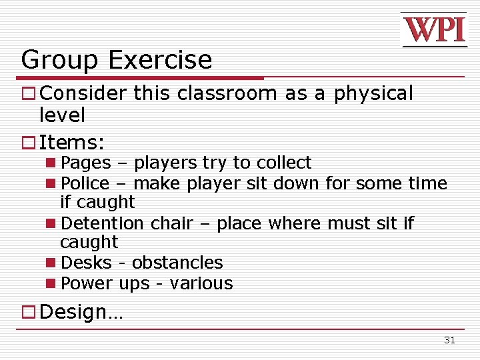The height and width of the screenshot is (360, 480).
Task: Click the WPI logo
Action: tap(433, 29)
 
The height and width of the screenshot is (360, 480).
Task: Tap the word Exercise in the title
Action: tap(160, 60)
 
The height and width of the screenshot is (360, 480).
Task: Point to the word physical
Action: tap(373, 94)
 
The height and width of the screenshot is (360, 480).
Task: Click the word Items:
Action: tap(73, 142)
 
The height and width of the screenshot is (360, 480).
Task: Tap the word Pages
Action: tap(85, 163)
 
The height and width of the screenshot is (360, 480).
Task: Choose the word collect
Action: tap(284, 163)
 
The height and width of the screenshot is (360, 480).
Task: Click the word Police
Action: tap(85, 183)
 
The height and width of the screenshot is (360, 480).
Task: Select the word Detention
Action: tap(102, 223)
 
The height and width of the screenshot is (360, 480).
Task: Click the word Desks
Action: tap(83, 263)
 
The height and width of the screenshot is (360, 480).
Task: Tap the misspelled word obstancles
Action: tap(177, 263)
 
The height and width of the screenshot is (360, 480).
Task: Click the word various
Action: tap(201, 283)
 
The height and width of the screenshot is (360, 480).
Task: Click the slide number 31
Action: tap(449, 340)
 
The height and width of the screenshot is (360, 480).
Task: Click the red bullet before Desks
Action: tap(51, 263)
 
